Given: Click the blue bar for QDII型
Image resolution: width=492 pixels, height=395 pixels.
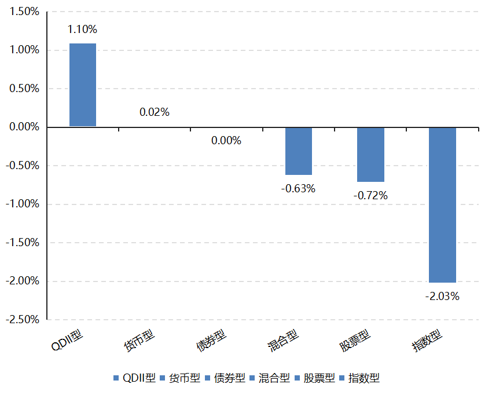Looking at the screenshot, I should (83, 85).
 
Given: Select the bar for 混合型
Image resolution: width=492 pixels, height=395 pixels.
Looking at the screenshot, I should (299, 151).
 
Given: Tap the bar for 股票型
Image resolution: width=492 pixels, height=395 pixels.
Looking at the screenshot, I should (370, 154).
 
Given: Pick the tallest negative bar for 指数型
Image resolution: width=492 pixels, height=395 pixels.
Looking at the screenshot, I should (442, 204).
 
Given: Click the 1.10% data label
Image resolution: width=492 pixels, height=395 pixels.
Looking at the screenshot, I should (82, 29).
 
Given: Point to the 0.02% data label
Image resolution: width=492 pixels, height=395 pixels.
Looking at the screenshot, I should (155, 112).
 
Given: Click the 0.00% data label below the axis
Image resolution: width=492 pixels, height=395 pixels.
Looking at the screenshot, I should (226, 140).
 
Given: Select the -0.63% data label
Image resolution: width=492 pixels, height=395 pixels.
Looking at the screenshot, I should (298, 188).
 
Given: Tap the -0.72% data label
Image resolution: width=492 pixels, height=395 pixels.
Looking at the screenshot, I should (370, 195).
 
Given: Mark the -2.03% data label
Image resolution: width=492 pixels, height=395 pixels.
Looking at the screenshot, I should (442, 297).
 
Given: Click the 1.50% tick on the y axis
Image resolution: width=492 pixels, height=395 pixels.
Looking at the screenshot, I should (24, 12).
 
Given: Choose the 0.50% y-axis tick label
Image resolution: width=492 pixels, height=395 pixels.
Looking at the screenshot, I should (24, 89).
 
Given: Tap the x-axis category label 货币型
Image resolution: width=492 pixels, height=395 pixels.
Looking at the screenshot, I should (139, 341).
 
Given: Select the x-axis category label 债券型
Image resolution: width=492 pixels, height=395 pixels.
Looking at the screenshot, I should (211, 341).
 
